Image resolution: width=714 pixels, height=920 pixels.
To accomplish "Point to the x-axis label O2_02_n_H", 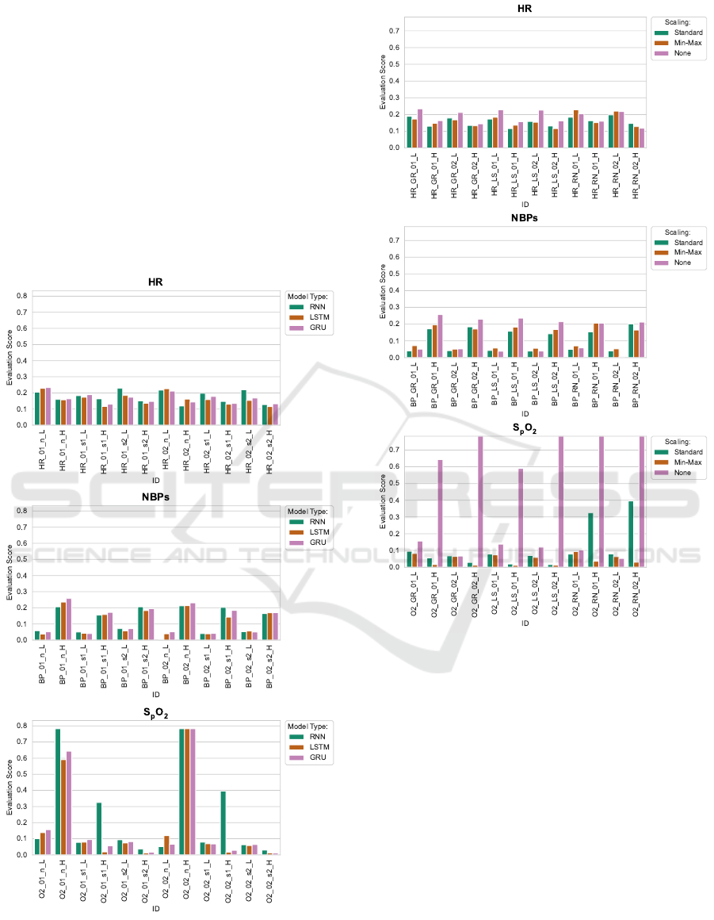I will (186, 881).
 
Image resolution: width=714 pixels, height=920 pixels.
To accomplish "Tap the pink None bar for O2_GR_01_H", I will (441, 513).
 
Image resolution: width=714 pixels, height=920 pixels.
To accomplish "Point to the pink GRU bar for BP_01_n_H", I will (68, 619).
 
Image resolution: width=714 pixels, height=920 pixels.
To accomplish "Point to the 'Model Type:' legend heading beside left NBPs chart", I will (305, 512).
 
